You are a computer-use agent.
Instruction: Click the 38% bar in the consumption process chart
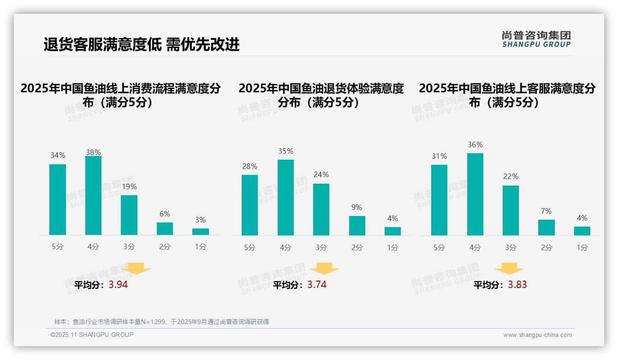pyautogui.click(x=93, y=196)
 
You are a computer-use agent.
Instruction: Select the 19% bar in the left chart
pyautogui.click(x=129, y=215)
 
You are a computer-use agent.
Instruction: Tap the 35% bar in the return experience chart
pyautogui.click(x=285, y=198)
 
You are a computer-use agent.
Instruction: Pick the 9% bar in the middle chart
pyautogui.click(x=357, y=226)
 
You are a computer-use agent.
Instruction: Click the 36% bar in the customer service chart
pyautogui.click(x=475, y=194)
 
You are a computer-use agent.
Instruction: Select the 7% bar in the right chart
pyautogui.click(x=547, y=228)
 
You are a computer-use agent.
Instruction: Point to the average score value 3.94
pyautogui.click(x=118, y=285)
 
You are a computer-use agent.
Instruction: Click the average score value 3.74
pyautogui.click(x=317, y=285)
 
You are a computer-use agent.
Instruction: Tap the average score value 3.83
pyautogui.click(x=517, y=285)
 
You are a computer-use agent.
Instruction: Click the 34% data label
pyautogui.click(x=58, y=156)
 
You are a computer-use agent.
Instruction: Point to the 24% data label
pyautogui.click(x=321, y=175)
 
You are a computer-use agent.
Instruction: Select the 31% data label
pyautogui.click(x=439, y=156)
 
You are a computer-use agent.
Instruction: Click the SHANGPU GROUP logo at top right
pyautogui.click(x=536, y=39)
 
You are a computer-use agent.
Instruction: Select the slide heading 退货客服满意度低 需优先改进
pyautogui.click(x=142, y=44)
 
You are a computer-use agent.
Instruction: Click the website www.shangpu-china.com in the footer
pyautogui.click(x=537, y=335)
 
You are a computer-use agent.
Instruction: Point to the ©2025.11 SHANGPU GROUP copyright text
pyautogui.click(x=92, y=335)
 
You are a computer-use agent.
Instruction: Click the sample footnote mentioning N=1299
pyautogui.click(x=161, y=322)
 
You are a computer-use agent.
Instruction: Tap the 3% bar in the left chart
pyautogui.click(x=201, y=232)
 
